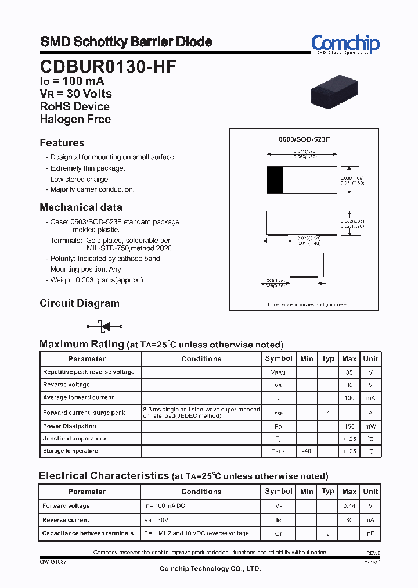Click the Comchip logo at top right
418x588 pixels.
coord(345,44)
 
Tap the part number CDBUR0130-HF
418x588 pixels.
coord(108,67)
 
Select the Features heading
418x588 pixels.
coord(62,143)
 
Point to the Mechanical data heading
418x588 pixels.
coord(81,207)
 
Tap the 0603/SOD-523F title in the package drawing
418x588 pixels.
coord(304,140)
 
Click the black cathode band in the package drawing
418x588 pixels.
coord(275,180)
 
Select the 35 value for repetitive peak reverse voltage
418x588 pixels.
coord(349,372)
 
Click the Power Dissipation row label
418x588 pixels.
coord(70,426)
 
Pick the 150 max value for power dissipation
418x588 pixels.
coord(349,426)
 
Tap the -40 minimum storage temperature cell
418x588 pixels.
coord(307,451)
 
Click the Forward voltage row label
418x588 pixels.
coord(66,506)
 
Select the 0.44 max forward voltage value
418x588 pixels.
coord(349,506)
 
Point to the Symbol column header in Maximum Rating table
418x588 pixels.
coord(279,358)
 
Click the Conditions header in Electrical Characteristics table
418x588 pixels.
coord(201,492)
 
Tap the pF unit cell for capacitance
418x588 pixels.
coord(370,533)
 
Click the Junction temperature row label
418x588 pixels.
coord(74,439)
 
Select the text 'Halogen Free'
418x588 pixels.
coord(75,119)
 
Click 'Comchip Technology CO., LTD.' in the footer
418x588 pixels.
coord(210,569)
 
